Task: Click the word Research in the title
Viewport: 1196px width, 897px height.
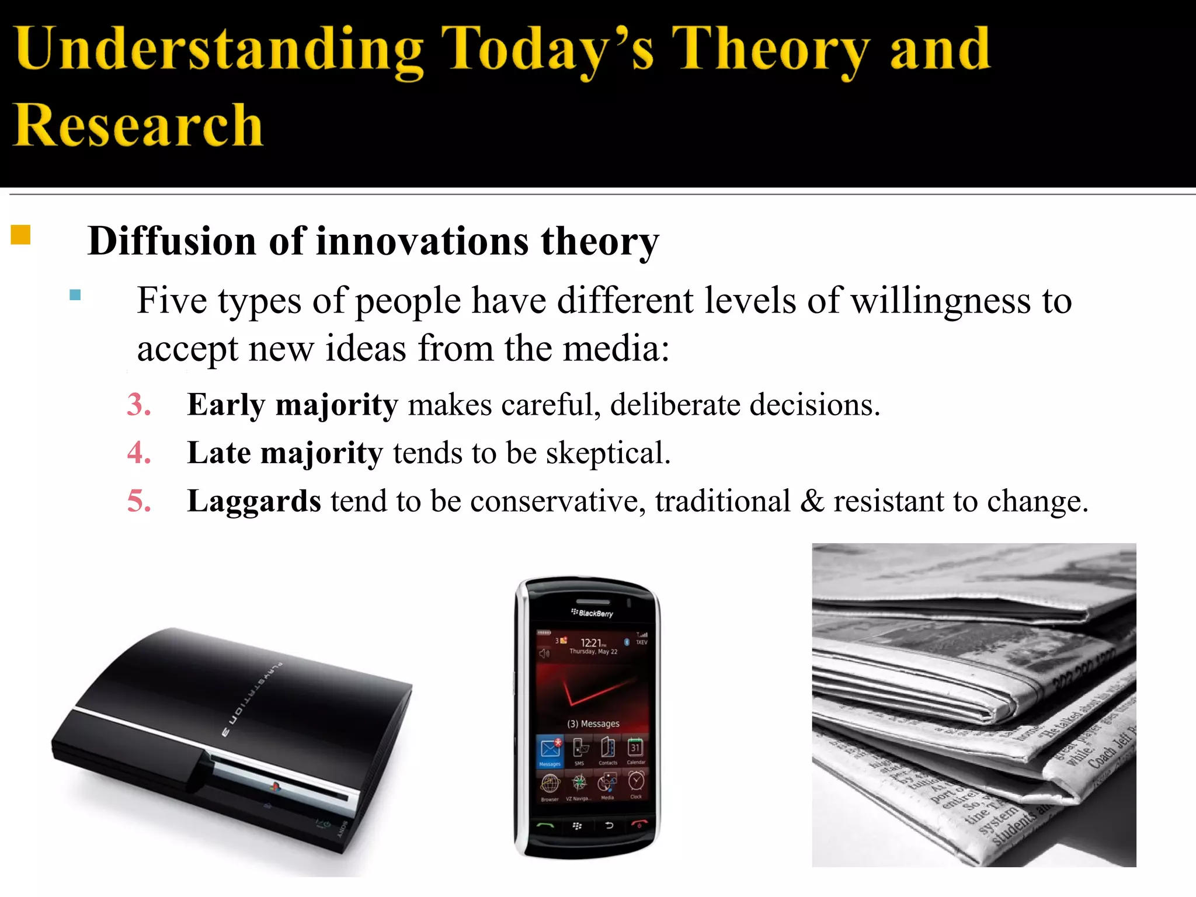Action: click(x=138, y=125)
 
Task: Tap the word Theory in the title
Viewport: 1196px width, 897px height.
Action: click(x=770, y=50)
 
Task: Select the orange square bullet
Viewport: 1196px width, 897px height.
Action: click(x=20, y=235)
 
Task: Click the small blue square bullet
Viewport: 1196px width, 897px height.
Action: click(x=75, y=294)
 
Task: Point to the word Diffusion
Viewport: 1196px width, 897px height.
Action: click(x=172, y=241)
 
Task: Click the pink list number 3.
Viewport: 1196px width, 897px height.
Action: click(x=139, y=405)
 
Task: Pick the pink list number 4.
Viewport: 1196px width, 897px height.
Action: click(x=139, y=453)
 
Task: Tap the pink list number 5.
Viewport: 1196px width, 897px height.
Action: click(x=139, y=501)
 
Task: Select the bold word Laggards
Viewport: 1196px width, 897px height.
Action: click(x=253, y=501)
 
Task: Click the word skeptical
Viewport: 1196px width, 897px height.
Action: click(x=607, y=453)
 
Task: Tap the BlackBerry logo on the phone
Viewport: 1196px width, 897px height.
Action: click(x=592, y=613)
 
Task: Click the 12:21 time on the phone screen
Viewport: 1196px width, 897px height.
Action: click(x=592, y=642)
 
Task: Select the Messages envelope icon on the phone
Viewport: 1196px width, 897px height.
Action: click(x=550, y=749)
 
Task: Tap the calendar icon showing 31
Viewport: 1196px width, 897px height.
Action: click(x=635, y=747)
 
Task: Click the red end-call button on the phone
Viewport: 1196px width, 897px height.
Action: click(x=639, y=825)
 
